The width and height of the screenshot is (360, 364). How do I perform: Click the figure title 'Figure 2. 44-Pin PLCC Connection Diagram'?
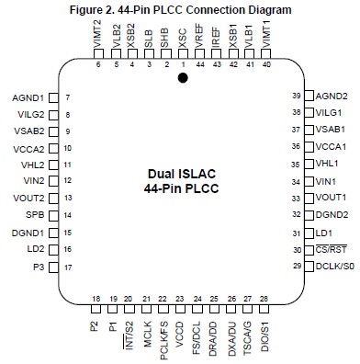point(180,8)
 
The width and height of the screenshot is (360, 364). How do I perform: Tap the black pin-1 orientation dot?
point(183,79)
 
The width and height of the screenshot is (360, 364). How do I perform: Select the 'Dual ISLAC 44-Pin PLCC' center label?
point(179,181)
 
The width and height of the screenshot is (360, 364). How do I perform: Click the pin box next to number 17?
point(52,244)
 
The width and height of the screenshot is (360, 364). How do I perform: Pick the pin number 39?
point(296,97)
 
